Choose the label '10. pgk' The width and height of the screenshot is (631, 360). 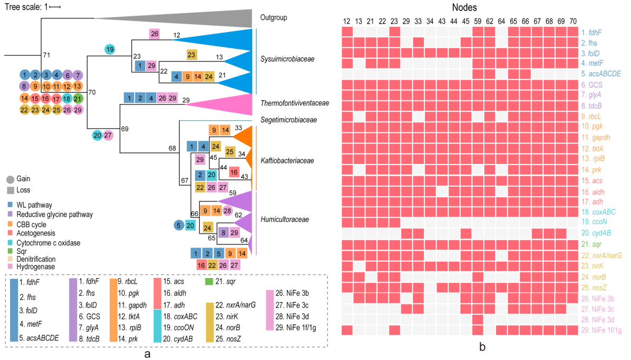tap(593, 127)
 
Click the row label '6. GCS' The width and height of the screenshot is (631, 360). tap(592, 84)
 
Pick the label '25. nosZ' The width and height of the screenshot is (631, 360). tap(595, 287)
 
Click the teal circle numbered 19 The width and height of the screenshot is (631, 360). tap(110, 50)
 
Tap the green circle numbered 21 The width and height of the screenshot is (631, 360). tap(77, 98)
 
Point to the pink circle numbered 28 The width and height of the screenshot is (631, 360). tap(227, 211)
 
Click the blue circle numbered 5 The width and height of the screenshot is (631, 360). tap(179, 225)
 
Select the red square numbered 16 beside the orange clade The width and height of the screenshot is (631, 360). tap(234, 172)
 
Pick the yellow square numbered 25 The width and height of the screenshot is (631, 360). tap(230, 152)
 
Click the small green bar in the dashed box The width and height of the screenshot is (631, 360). tap(209, 282)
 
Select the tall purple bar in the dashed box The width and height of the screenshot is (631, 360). tap(73, 310)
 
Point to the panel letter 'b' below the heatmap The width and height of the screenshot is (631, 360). tap(482, 347)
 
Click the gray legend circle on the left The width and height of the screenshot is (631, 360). tap(11, 180)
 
